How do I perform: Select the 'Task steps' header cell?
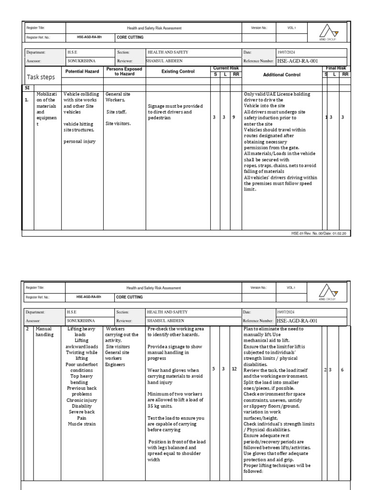(41, 77)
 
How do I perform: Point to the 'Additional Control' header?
(282, 75)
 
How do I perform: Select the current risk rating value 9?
(234, 117)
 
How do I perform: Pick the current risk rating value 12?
(234, 369)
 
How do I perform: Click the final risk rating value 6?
(342, 370)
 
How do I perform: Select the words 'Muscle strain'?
(82, 423)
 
